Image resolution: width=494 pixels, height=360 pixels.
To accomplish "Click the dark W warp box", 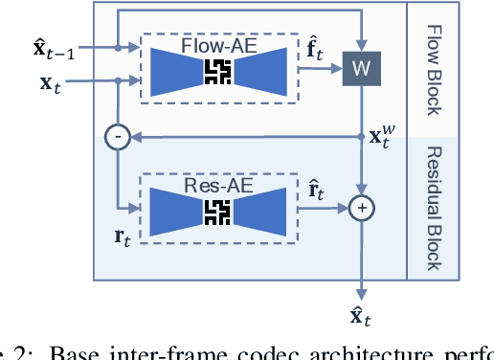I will tap(361, 68).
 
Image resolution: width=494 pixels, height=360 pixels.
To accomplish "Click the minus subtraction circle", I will tap(116, 138).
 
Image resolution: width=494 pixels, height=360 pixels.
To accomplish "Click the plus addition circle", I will tap(362, 206).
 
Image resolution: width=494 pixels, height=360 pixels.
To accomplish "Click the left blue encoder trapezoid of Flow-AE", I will tap(176, 69).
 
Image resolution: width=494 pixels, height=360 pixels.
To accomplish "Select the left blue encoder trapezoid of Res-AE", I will tap(176, 206).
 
